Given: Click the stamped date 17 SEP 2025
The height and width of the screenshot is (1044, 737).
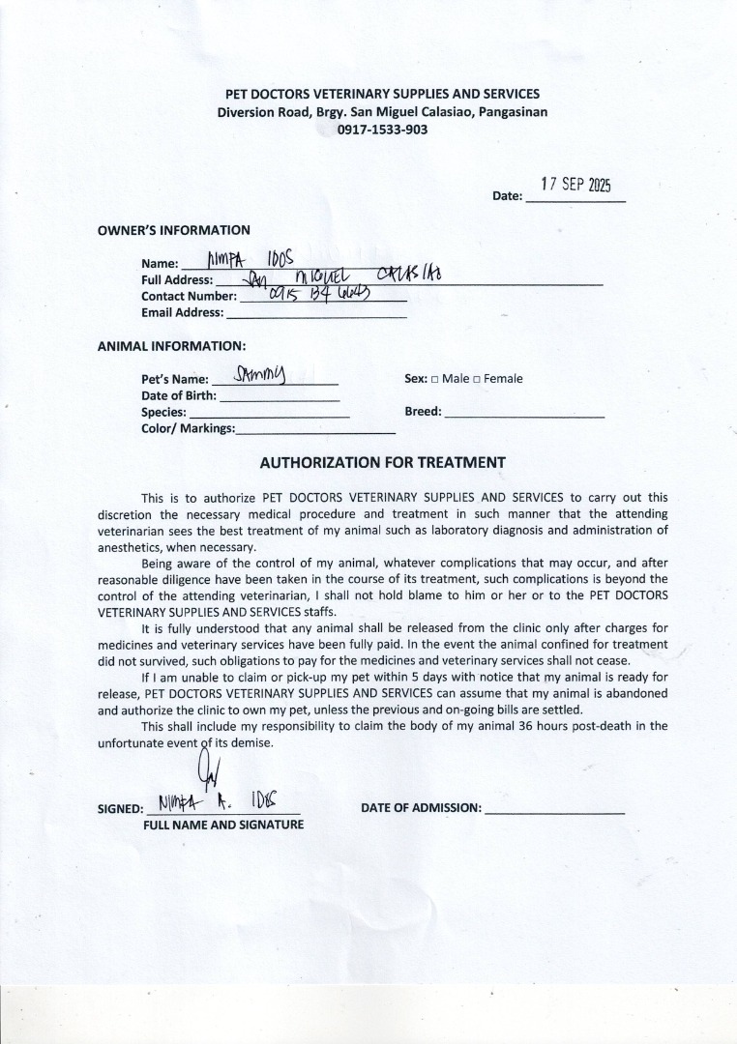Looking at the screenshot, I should (x=577, y=186).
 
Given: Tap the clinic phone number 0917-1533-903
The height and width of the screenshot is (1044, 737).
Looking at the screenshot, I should (x=382, y=130).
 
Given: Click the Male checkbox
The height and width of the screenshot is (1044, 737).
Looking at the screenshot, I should (x=434, y=379).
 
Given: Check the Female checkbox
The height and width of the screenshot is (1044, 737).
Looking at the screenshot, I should (x=476, y=379).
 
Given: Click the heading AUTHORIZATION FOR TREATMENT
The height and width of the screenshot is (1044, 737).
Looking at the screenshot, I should (x=382, y=463).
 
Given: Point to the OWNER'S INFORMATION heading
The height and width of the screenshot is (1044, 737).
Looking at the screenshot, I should (x=174, y=230).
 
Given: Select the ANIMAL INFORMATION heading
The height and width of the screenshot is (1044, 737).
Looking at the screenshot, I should (x=171, y=345).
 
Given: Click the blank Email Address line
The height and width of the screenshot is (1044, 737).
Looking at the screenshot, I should (x=315, y=313).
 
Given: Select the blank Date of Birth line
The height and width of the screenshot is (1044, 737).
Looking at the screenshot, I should (x=280, y=396).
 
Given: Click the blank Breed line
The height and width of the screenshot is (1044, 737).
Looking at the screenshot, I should (x=524, y=413).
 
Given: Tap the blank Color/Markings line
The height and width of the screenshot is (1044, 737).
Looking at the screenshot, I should (x=302, y=429).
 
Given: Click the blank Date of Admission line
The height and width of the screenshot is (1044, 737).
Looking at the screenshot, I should (x=554, y=809).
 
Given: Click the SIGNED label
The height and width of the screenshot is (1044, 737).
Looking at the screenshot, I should (x=120, y=809).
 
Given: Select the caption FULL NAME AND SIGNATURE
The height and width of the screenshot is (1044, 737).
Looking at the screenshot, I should (x=223, y=825).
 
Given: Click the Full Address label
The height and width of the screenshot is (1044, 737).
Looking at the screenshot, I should (x=177, y=279).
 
